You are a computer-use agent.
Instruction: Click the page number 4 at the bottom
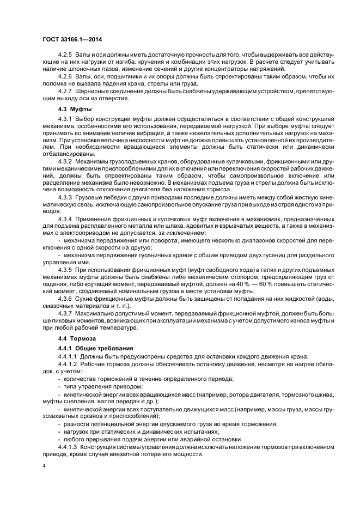[x=44, y=466]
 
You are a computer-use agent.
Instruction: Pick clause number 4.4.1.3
[x=68, y=446]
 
